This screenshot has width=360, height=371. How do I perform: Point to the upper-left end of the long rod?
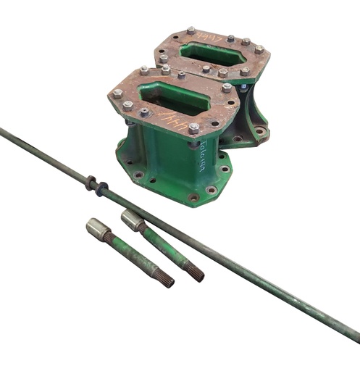tap(2, 131)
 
